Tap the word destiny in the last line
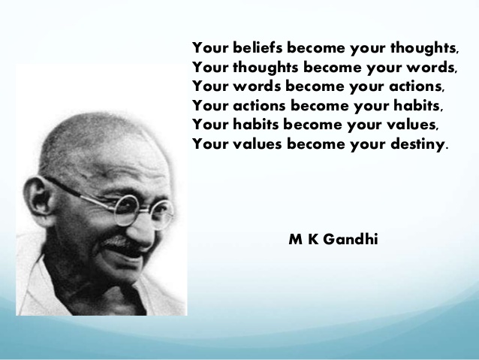point(414,143)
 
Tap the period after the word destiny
point(447,146)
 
